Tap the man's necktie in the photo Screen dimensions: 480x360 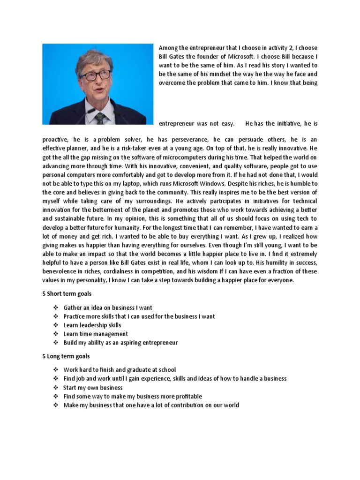tap(100, 118)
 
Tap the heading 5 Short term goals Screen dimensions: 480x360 tap(67, 294)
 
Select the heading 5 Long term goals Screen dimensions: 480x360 tap(66, 356)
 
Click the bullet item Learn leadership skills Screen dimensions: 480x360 tap(92, 325)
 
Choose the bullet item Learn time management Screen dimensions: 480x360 tap(96, 334)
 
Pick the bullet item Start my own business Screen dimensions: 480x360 tap(93, 388)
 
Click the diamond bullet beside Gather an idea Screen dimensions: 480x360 tap(55, 308)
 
